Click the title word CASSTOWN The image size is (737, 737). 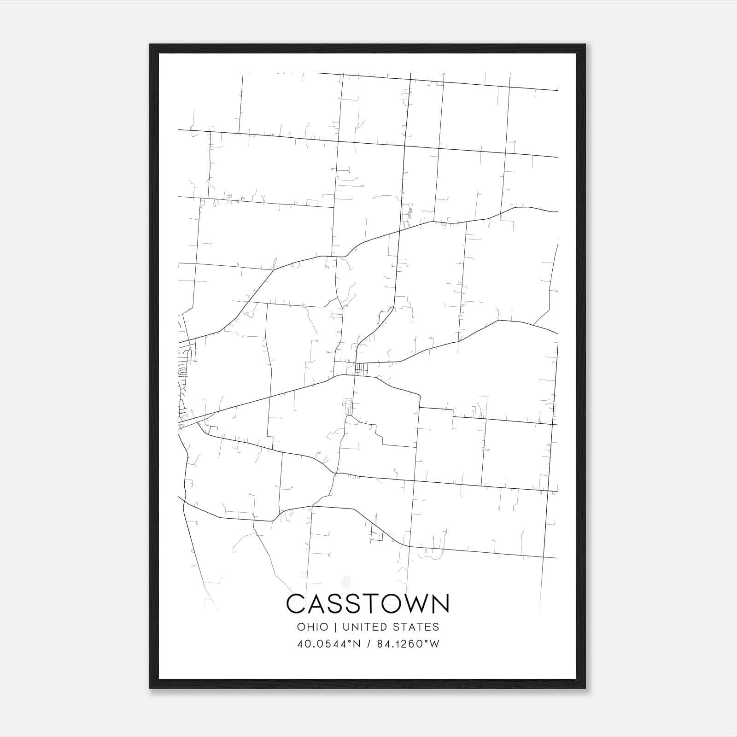point(368,603)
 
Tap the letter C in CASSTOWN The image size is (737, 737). point(296,603)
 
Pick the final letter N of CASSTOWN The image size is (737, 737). point(440,603)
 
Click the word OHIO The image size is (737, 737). point(313,627)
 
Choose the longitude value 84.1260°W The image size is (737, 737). point(408,644)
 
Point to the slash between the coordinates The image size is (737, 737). point(368,644)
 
